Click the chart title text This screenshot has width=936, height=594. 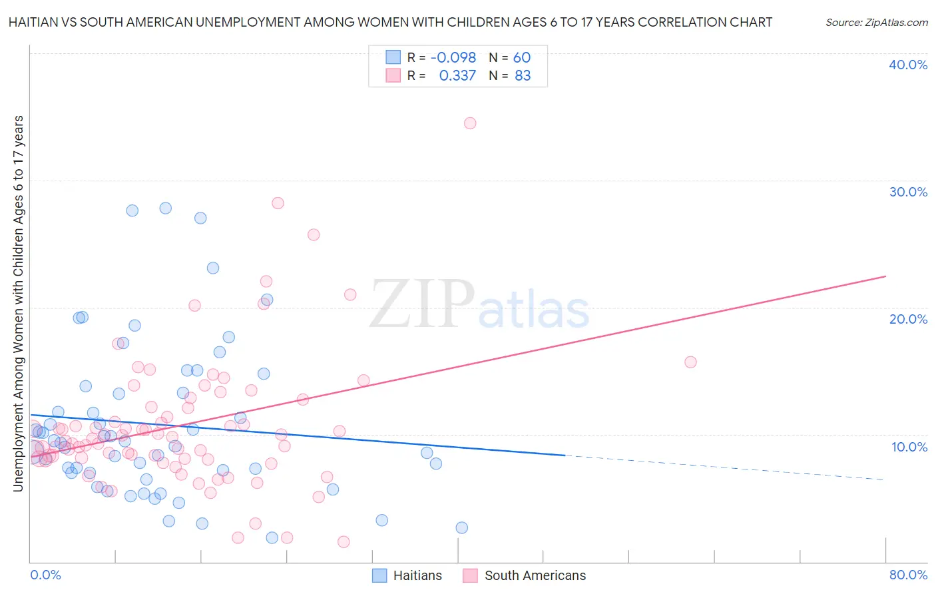pyautogui.click(x=390, y=22)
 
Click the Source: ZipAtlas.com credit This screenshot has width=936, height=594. pyautogui.click(x=876, y=22)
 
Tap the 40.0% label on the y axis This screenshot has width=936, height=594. pyautogui.click(x=908, y=65)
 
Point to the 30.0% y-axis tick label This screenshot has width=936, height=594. pyautogui.click(x=908, y=192)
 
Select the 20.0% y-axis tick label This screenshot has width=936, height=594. pyautogui.click(x=908, y=319)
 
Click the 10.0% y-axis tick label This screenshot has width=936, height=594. pyautogui.click(x=908, y=447)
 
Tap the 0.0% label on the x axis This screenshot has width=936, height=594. pyautogui.click(x=45, y=575)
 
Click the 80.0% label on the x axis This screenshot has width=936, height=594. pyautogui.click(x=908, y=575)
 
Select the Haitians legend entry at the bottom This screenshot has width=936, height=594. pyautogui.click(x=407, y=575)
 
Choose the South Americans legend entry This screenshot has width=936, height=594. pyautogui.click(x=525, y=575)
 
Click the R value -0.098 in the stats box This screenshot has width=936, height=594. pyautogui.click(x=453, y=57)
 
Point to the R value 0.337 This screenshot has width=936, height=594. pyautogui.click(x=457, y=76)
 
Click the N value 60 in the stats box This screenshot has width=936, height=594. pyautogui.click(x=521, y=57)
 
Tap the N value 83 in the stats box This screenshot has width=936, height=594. pyautogui.click(x=523, y=76)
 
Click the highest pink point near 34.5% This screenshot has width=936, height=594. pyautogui.click(x=470, y=123)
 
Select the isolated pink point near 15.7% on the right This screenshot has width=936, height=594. pyautogui.click(x=690, y=362)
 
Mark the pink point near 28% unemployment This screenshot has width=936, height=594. pyautogui.click(x=278, y=203)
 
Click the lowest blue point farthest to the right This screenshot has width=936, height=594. pyautogui.click(x=461, y=527)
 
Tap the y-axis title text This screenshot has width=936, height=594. pyautogui.click(x=19, y=304)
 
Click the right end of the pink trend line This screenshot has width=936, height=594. pyautogui.click(x=885, y=276)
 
